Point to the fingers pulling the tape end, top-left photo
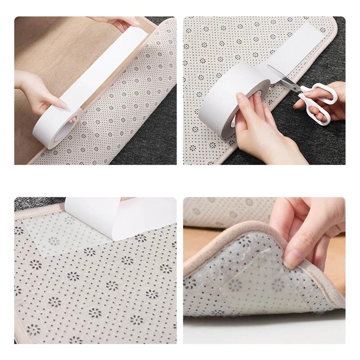(x=117, y=22)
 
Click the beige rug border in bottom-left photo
(x=20, y=280)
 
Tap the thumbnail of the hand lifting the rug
(x=292, y=258)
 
